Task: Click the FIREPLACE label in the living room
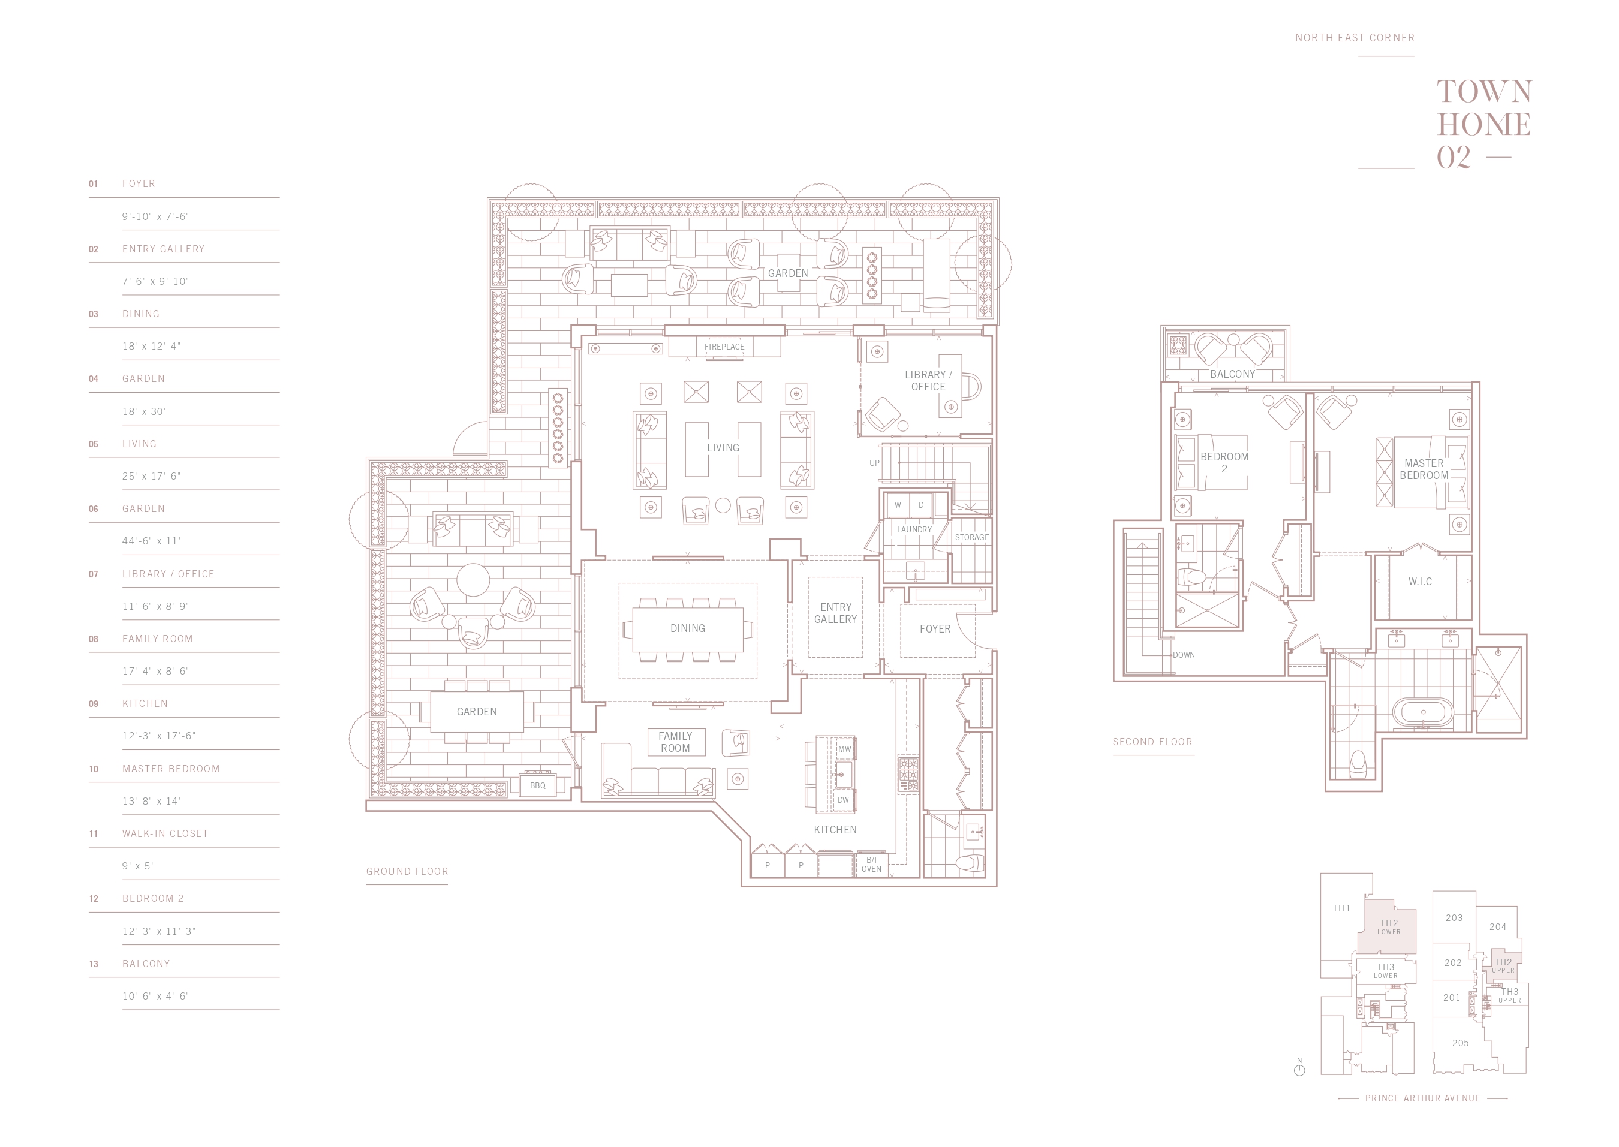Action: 724,347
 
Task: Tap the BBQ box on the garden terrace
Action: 537,785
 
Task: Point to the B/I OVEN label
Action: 871,865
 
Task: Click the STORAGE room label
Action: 972,537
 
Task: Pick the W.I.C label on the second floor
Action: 1421,582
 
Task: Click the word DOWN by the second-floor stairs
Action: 1184,655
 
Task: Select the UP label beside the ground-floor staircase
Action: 874,463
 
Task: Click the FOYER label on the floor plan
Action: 935,628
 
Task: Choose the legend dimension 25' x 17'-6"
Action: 151,476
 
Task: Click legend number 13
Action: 93,964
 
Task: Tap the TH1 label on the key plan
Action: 1341,908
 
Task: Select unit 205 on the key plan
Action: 1461,1043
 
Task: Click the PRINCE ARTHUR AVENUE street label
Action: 1423,1098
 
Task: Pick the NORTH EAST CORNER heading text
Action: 1355,37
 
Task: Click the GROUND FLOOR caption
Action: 407,872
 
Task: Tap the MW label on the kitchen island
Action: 845,749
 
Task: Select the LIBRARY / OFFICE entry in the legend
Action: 168,574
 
